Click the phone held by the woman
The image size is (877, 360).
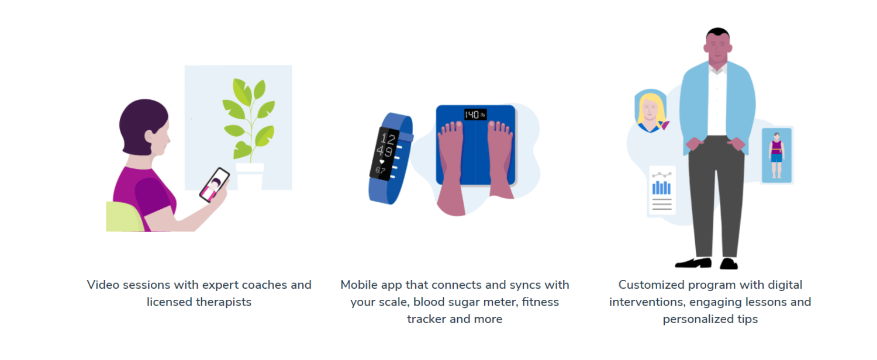pos(214,185)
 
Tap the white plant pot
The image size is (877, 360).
pos(250,176)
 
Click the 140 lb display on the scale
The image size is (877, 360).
pos(475,115)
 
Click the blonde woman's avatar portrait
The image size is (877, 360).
pos(650,110)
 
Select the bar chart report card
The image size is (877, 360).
pos(662,190)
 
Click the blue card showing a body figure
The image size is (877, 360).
pos(776,155)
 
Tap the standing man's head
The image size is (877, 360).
pos(718,47)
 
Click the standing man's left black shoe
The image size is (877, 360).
pos(693,263)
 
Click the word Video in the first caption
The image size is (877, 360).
pos(103,285)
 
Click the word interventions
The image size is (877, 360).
pos(647,302)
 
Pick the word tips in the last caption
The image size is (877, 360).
pos(747,319)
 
